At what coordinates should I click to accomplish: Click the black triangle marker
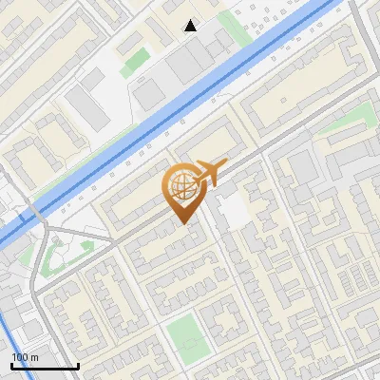coord(191,26)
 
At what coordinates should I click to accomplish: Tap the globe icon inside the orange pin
coord(180,187)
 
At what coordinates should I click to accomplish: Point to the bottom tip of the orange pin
coord(181,224)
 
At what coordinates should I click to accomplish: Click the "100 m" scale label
coord(25,356)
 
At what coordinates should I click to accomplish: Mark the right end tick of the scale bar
coord(78,365)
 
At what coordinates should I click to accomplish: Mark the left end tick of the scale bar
coord(11,365)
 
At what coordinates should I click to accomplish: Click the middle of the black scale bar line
coord(45,367)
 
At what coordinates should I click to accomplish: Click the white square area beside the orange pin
coord(235,211)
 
